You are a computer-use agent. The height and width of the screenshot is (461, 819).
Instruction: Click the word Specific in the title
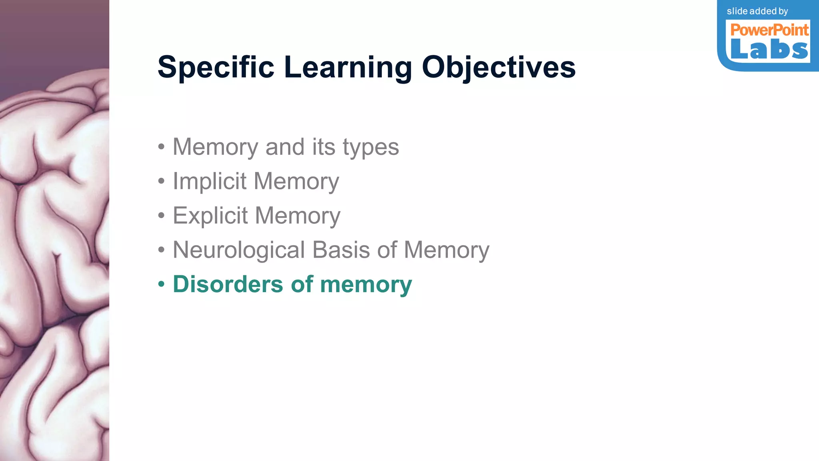tap(216, 67)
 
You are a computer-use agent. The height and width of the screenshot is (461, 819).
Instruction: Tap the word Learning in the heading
tap(348, 67)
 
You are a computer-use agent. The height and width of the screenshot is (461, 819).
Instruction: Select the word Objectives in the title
tap(499, 67)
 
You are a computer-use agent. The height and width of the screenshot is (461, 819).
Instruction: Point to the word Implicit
tap(210, 181)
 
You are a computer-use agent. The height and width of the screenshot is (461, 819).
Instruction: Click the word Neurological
tap(239, 250)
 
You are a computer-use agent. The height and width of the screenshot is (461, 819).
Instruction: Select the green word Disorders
tap(228, 284)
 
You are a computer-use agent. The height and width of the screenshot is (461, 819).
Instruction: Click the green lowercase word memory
tap(366, 285)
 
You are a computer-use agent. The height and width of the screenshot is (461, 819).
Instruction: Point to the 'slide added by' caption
tap(757, 11)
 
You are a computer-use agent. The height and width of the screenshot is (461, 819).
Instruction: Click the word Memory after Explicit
tap(298, 216)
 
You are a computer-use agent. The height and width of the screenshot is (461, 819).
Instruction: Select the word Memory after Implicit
tap(296, 182)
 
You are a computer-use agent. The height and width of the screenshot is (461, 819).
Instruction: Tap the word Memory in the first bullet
tap(216, 147)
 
